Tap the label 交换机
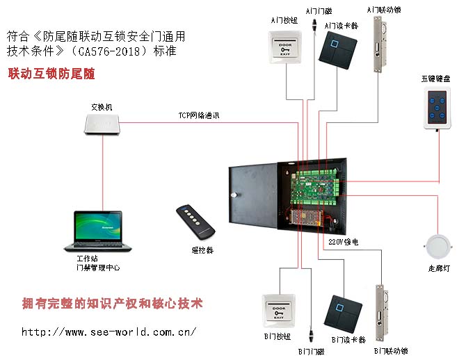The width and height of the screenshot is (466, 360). pos(101,107)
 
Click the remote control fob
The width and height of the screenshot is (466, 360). pos(195,222)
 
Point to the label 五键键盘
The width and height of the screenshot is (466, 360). pos(435,78)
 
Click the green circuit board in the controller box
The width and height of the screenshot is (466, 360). pos(316,188)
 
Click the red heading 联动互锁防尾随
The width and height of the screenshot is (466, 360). pos(51,73)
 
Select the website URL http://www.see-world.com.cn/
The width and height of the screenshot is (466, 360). pos(109,332)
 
